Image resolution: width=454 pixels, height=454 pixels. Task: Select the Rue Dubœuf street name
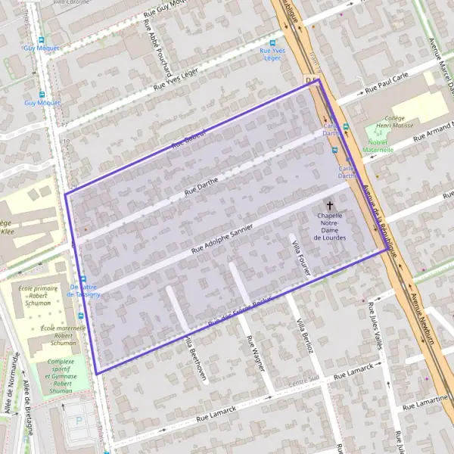[188, 136]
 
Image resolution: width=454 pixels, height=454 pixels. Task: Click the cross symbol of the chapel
[330, 205]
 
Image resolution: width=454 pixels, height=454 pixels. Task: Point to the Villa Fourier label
[301, 257]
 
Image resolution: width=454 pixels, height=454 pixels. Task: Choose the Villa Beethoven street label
[196, 359]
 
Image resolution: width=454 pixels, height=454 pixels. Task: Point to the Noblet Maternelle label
[378, 145]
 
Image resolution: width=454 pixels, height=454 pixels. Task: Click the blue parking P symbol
[80, 421]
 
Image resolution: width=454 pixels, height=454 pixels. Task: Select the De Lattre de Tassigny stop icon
[82, 278]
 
